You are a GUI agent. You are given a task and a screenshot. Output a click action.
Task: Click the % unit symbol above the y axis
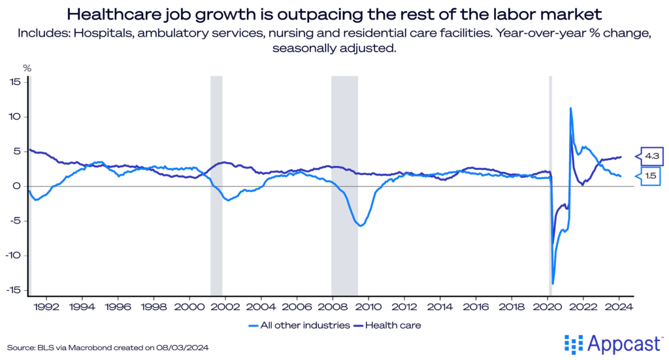27,67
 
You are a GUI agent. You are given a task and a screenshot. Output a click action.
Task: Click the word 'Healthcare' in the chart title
112,14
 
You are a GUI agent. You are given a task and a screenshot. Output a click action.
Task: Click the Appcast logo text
620,342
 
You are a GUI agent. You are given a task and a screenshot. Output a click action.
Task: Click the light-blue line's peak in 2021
571,108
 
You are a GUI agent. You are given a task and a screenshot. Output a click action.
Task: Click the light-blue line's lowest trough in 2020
553,284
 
